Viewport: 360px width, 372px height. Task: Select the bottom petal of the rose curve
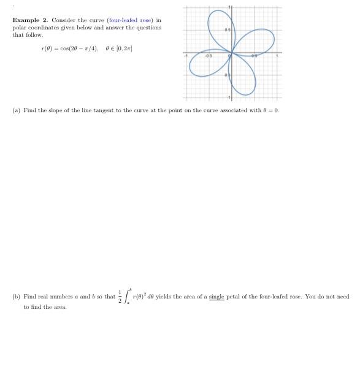click(x=243, y=80)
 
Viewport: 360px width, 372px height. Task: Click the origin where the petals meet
click(x=230, y=53)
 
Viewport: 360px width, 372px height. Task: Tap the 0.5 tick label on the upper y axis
click(x=227, y=30)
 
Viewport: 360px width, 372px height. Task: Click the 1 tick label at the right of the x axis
click(x=277, y=56)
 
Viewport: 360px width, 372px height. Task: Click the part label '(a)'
click(x=16, y=110)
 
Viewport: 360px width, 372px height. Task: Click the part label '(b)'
click(x=16, y=297)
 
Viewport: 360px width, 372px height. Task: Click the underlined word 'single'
click(x=216, y=297)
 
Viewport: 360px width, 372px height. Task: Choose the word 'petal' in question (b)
click(x=233, y=297)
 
